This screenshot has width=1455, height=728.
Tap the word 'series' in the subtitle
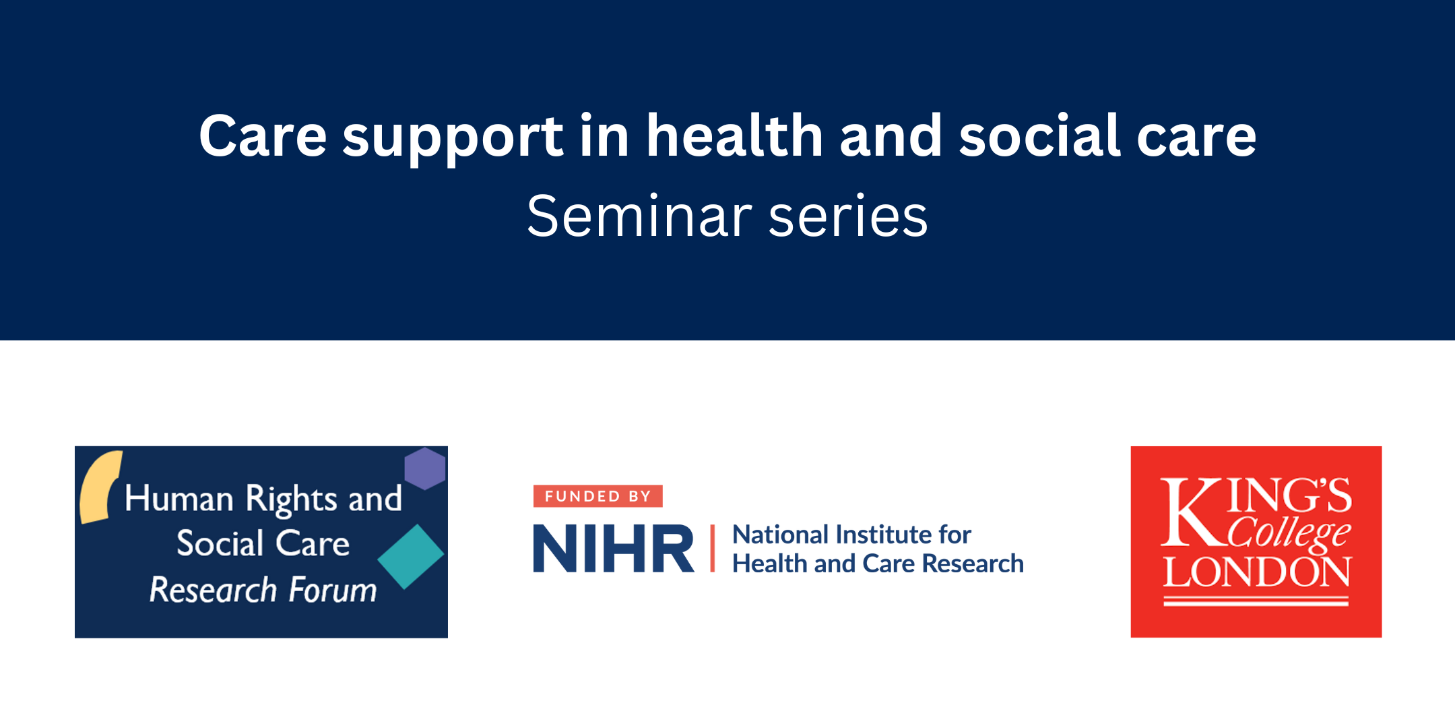click(848, 217)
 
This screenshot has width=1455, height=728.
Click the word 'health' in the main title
click(734, 137)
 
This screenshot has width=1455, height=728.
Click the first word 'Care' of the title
click(263, 137)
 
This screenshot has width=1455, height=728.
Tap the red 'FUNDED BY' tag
click(597, 496)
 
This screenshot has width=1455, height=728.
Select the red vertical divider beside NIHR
click(712, 549)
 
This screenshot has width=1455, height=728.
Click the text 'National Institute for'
click(851, 535)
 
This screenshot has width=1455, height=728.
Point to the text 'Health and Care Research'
click(878, 564)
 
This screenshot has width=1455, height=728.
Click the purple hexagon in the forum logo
click(424, 468)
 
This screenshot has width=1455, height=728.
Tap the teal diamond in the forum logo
click(411, 556)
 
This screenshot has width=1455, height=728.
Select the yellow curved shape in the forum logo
click(99, 487)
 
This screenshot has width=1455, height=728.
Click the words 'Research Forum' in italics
click(263, 590)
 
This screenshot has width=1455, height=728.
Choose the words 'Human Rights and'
click(263, 499)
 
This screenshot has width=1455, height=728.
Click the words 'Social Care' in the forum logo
click(263, 543)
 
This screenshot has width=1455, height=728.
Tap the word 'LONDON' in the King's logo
click(1257, 573)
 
